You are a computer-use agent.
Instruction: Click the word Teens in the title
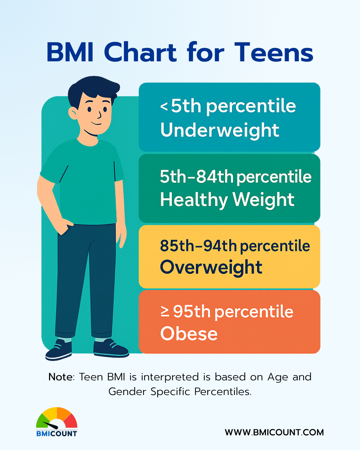[274, 52]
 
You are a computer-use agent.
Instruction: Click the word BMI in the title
[70, 52]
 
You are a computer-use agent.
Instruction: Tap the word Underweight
[220, 130]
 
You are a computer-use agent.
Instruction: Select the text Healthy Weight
[227, 200]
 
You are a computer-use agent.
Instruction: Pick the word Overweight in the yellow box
[211, 267]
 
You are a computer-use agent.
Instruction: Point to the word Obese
[189, 334]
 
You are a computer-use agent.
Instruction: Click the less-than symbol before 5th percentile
[164, 106]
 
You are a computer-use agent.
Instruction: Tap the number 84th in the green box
[215, 177]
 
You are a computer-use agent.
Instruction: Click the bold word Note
[61, 377]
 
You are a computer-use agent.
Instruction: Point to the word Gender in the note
[127, 391]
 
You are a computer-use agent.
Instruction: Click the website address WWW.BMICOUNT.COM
[274, 432]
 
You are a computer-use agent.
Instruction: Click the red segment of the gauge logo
[71, 420]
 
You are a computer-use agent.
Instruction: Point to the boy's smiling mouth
[96, 123]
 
